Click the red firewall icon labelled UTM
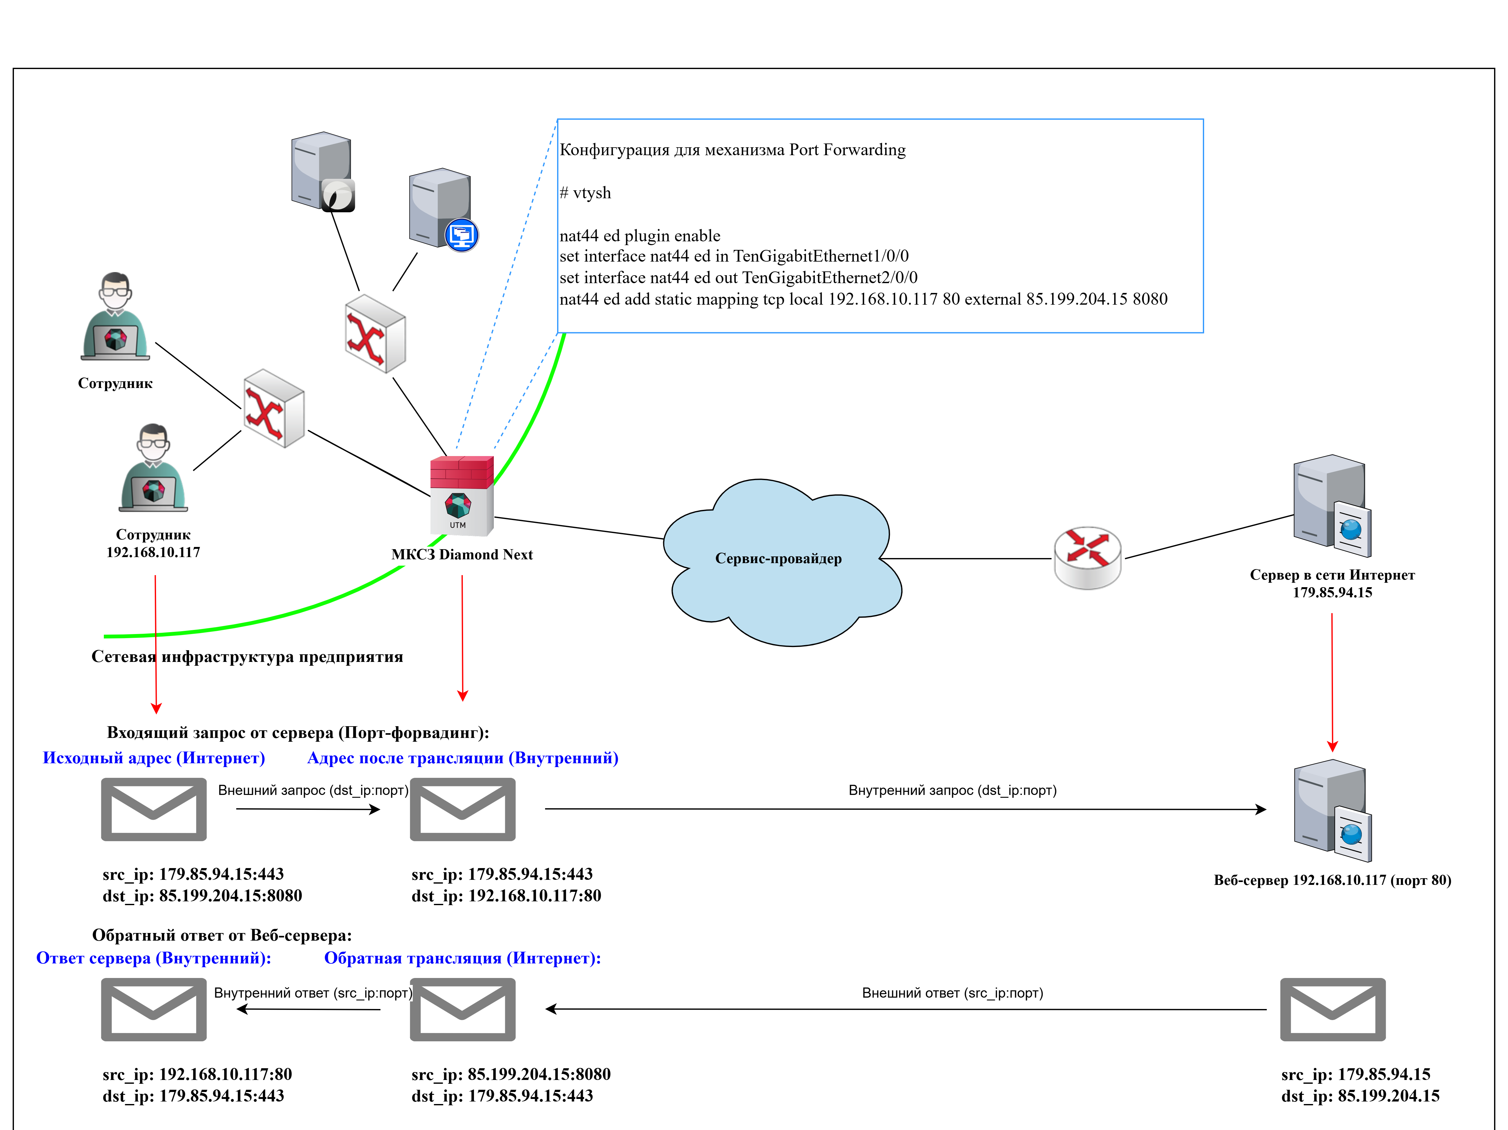click(462, 496)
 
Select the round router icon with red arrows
click(1087, 557)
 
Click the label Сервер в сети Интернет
click(1332, 575)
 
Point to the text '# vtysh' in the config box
click(585, 193)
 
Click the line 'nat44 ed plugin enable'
click(639, 236)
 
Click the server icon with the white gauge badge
click(323, 172)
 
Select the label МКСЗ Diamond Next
click(462, 555)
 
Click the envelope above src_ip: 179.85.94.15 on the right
click(1333, 1009)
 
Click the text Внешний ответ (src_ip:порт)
click(952, 993)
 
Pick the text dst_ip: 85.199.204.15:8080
click(203, 895)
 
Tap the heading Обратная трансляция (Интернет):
click(462, 958)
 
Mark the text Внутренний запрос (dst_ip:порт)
click(952, 790)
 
